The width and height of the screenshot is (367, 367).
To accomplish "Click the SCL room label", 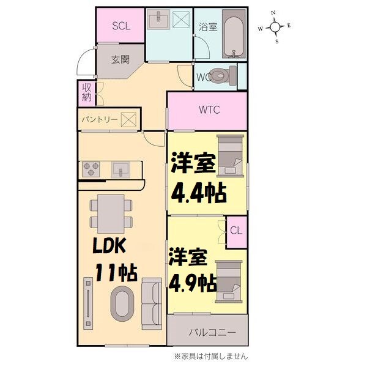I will pos(120,26).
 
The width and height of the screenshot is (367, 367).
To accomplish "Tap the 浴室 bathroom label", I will pos(207,27).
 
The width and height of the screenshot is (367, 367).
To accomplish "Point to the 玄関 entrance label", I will pos(120,60).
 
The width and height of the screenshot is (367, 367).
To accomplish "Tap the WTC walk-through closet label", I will pos(208,110).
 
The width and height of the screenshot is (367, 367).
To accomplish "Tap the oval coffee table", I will pos(120,303).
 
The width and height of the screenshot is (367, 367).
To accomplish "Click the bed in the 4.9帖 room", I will pos(230,278).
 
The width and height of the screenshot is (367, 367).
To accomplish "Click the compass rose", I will pos(275,27).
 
